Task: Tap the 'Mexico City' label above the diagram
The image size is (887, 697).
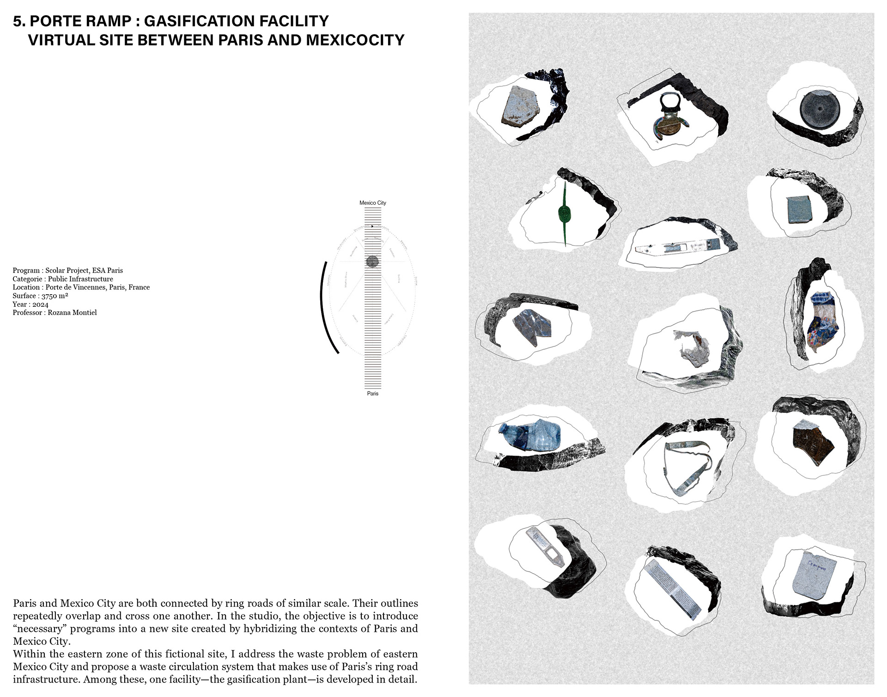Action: [x=372, y=203]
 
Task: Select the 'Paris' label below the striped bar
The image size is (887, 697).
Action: [x=372, y=394]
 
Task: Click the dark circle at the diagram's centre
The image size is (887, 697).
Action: [x=372, y=262]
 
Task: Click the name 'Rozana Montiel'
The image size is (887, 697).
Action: [x=73, y=313]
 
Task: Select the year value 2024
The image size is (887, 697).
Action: [x=40, y=304]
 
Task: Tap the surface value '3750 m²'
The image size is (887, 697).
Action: [x=55, y=296]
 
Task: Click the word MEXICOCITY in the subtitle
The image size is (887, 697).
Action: [x=355, y=40]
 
